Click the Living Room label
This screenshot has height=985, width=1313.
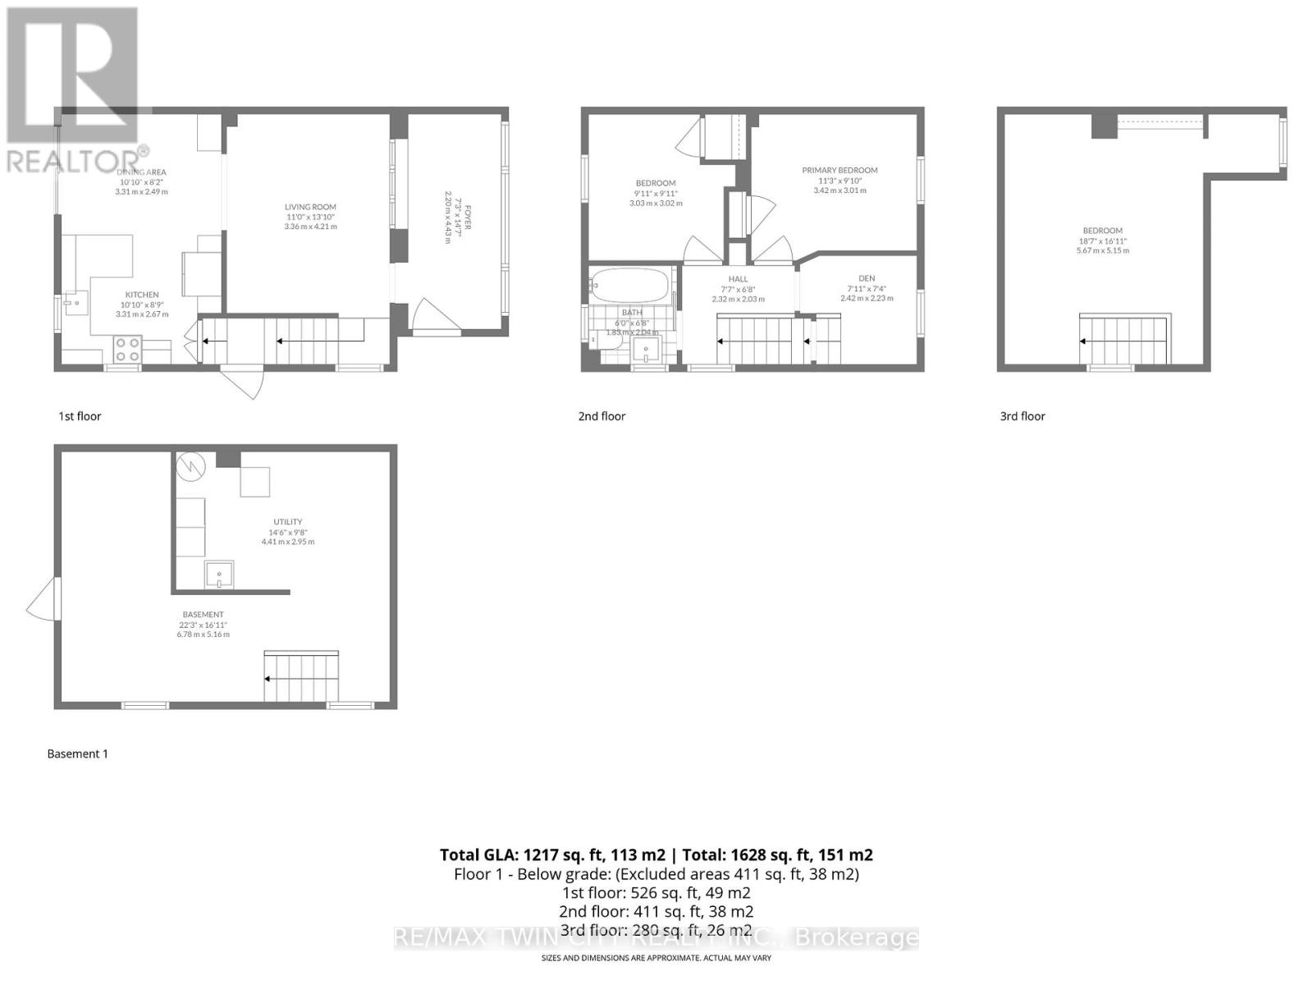coord(310,207)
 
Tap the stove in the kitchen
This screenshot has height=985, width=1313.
coord(126,350)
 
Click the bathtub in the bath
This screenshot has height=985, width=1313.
coord(629,286)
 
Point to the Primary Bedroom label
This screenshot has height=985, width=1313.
coord(839,171)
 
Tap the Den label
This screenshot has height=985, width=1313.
coord(867,278)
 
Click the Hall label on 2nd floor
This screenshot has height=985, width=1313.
coord(738,279)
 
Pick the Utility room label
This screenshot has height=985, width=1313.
coord(287,522)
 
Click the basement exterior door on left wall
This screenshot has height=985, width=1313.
coord(43,598)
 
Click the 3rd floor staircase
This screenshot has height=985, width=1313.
coord(1124,339)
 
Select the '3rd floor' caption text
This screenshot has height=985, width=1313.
coord(1022,416)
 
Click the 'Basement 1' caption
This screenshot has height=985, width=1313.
coord(77,754)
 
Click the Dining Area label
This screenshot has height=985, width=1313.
coord(141,172)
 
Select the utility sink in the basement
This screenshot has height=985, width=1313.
coord(219,575)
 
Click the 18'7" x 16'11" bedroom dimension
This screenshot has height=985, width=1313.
coord(1102,241)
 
